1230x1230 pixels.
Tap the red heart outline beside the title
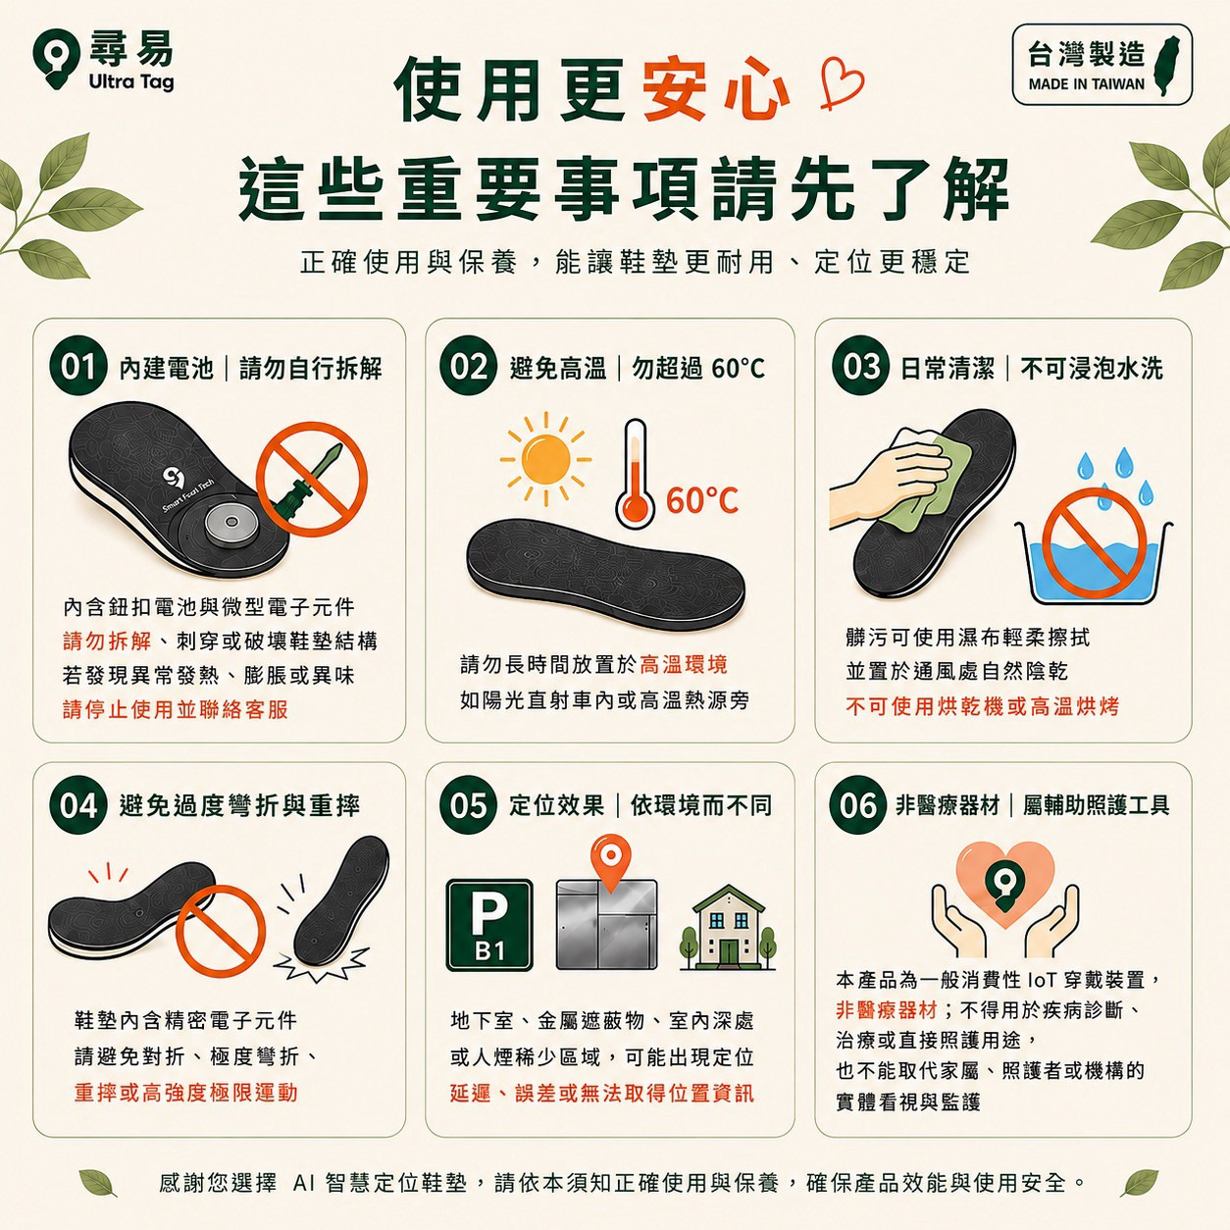click(x=842, y=84)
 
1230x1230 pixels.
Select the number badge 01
click(x=77, y=367)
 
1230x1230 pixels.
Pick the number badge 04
click(x=77, y=805)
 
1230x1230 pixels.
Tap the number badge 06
click(x=858, y=805)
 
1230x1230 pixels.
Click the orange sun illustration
click(x=545, y=459)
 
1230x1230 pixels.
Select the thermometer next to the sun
click(x=635, y=474)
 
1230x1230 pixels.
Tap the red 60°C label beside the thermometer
click(x=702, y=499)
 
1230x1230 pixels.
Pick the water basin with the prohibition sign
click(x=1093, y=550)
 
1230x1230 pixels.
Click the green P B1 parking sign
click(x=488, y=925)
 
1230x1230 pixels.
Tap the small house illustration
click(x=728, y=928)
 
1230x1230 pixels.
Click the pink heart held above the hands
click(x=1005, y=885)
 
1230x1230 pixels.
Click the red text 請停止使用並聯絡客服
click(x=176, y=709)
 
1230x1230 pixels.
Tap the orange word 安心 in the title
click(x=716, y=88)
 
